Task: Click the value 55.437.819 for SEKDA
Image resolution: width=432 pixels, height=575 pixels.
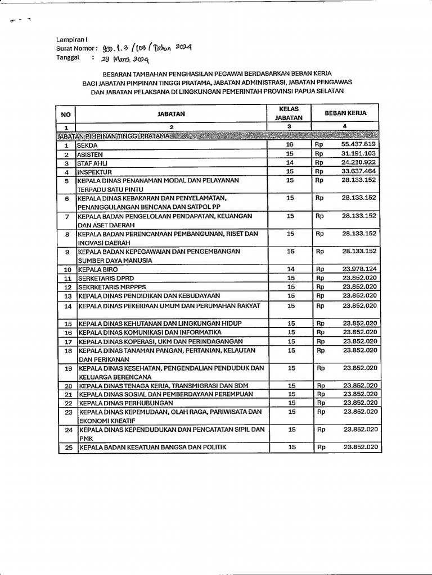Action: pos(358,145)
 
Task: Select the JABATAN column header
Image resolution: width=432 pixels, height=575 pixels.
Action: pos(171,113)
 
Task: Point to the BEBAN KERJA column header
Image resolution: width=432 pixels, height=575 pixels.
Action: pos(345,113)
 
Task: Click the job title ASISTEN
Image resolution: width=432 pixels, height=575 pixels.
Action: pos(91,154)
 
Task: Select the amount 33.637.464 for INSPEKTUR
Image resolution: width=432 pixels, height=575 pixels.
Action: pos(358,171)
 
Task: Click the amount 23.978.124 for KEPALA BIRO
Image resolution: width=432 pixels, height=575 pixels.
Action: pos(358,270)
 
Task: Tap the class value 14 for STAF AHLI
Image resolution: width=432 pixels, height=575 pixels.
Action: pos(290,163)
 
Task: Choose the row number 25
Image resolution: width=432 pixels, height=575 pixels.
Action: pos(67,448)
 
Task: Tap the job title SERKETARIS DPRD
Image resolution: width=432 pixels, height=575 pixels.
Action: pos(106,279)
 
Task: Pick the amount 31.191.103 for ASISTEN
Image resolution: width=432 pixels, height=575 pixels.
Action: pos(358,154)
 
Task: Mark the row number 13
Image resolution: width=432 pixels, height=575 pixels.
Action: pos(67,296)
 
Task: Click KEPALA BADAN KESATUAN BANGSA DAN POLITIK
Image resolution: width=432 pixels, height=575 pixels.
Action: pos(152,448)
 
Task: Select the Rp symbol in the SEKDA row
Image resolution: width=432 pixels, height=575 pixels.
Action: pos(319,145)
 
